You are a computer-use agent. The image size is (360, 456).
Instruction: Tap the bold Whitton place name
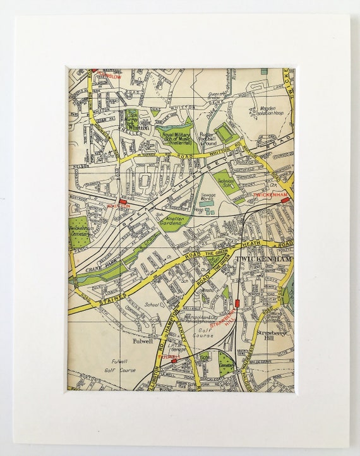pyautogui.click(x=140, y=128)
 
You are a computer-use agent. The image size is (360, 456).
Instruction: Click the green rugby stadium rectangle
pyautogui.click(x=223, y=133)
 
